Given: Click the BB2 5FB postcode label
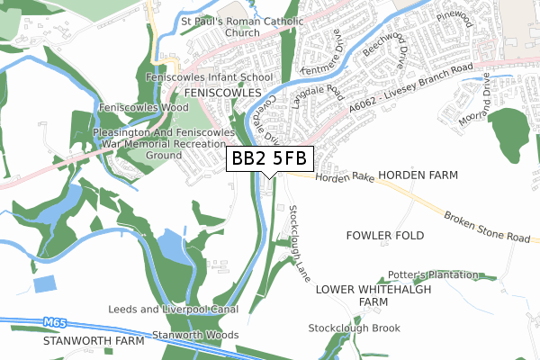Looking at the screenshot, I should click(269, 158).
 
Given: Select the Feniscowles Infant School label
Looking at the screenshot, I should click(209, 78).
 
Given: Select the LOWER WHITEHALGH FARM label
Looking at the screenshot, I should click(373, 296).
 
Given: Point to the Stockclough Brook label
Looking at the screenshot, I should click(354, 328).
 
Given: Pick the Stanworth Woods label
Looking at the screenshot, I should click(195, 336).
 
